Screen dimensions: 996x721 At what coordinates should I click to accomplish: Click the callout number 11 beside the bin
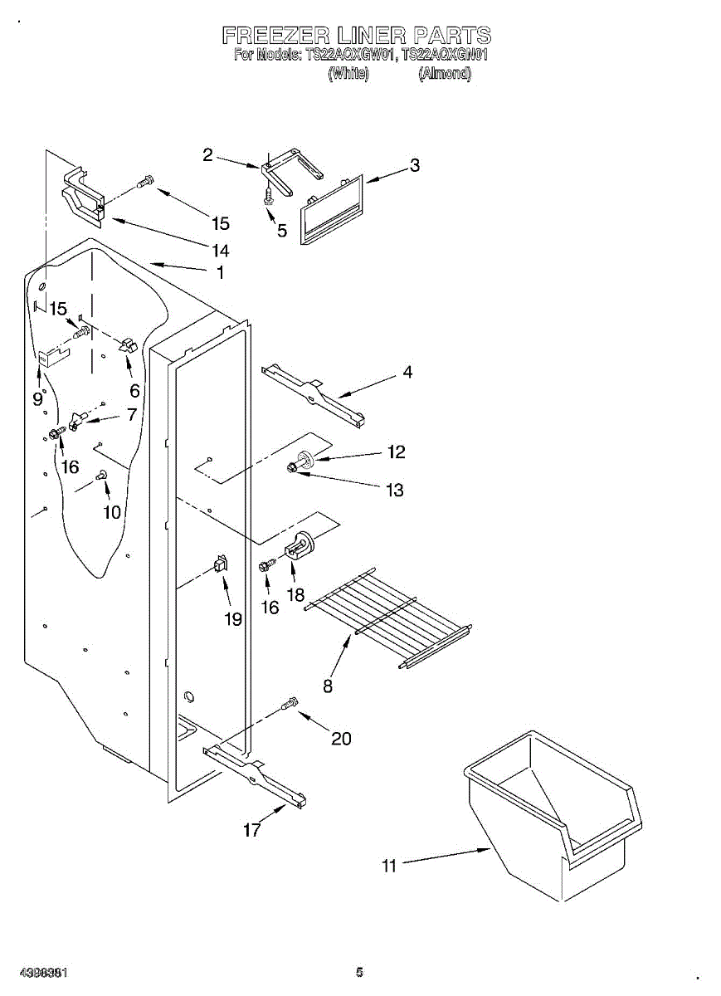[x=389, y=867]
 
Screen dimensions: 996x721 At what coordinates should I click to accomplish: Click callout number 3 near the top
[x=414, y=165]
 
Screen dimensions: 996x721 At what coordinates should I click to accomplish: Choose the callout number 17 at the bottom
[x=251, y=829]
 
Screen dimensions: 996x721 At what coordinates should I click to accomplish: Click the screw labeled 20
[x=290, y=705]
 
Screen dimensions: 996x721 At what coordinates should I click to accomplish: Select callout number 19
[x=232, y=619]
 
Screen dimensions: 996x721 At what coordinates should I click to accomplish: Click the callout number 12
[x=396, y=452]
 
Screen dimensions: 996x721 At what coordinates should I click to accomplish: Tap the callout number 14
[x=220, y=250]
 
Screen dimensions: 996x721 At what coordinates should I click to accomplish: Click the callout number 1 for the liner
[x=220, y=272]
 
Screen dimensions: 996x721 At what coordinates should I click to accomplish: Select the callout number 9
[x=37, y=398]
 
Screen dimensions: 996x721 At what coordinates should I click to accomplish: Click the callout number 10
[x=111, y=512]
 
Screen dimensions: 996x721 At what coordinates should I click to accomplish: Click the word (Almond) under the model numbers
[x=445, y=74]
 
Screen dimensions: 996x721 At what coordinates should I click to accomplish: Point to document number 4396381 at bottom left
[x=44, y=972]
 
